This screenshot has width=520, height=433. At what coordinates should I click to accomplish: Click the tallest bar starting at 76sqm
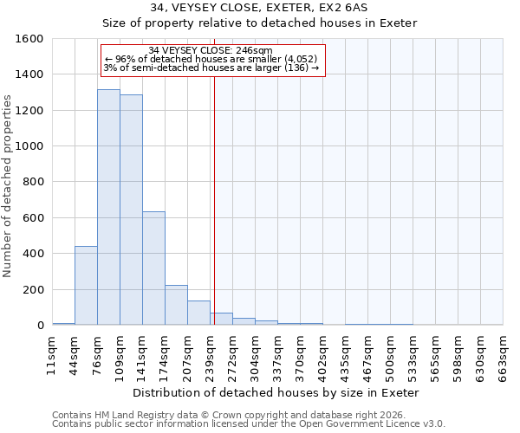tap(108, 208)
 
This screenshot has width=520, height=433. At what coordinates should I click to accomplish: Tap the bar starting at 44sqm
tap(86, 286)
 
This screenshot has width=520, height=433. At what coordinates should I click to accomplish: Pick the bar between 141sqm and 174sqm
tap(153, 268)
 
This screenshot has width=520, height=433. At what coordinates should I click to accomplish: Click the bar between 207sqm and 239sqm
tap(198, 313)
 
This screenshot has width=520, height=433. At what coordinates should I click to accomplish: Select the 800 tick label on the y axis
tap(33, 182)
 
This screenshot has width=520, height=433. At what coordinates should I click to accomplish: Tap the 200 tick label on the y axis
tap(33, 289)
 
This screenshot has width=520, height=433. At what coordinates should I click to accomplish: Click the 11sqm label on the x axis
tap(52, 355)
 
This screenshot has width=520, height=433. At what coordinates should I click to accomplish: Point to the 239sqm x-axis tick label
tap(210, 355)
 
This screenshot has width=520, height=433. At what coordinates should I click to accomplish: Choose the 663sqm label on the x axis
tap(503, 355)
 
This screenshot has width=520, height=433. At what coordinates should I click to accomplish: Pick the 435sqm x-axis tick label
tap(345, 355)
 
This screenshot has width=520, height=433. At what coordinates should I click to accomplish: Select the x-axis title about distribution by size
tap(277, 392)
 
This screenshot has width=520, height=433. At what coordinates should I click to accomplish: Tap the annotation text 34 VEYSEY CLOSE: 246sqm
tap(211, 50)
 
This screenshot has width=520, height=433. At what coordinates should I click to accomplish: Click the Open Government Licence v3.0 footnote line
tap(249, 424)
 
